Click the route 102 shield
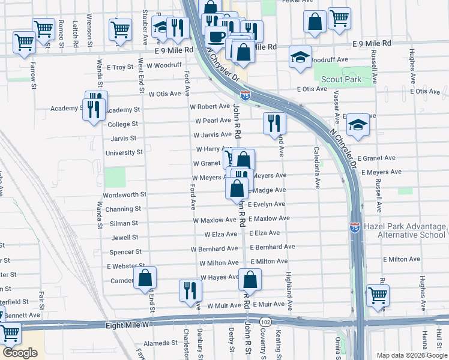coord(265,322)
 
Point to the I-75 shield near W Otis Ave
coord(246,95)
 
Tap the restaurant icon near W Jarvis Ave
coord(274,124)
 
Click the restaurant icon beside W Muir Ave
coord(190,290)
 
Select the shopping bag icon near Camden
coord(145,278)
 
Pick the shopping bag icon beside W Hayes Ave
coord(250,279)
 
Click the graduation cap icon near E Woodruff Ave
coord(300,57)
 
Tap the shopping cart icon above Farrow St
coord(24,42)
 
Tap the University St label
coord(124,152)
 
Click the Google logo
coord(20,353)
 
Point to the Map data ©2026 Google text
coord(411,355)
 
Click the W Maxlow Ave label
coord(215,220)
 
